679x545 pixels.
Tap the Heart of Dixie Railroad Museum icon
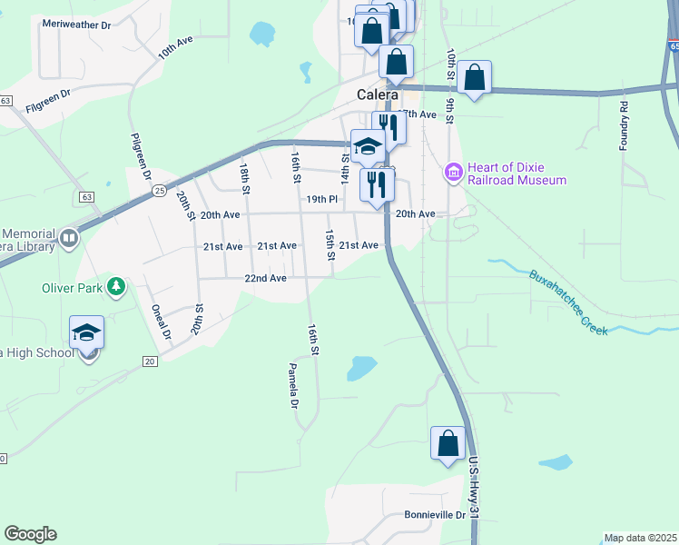pos(453,171)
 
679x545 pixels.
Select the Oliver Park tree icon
pos(115,288)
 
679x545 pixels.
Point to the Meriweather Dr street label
pos(76,25)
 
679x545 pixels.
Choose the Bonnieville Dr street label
pos(435,515)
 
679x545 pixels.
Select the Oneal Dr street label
pos(160,322)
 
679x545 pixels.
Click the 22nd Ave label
pos(265,278)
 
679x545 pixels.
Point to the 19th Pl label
pos(321,199)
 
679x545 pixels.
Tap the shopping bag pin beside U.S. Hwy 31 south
pos(448,444)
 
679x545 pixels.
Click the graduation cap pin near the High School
pos(86,332)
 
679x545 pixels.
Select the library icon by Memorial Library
pos(69,238)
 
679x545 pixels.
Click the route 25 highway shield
pos(159,190)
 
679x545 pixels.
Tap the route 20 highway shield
pos(150,362)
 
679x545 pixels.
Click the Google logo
pos(30,534)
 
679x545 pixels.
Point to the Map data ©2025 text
pos(640,538)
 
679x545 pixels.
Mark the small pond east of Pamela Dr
pos(360,368)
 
